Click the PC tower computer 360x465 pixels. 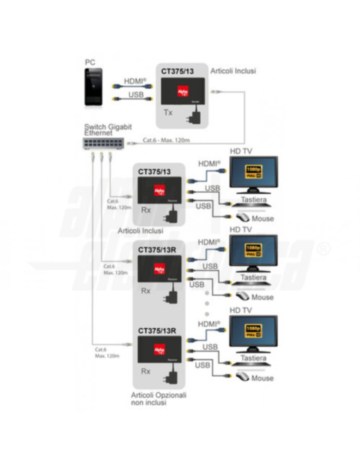[x=94, y=87]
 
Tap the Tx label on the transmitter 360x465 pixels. [x=168, y=112]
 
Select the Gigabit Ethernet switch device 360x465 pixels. [x=103, y=143]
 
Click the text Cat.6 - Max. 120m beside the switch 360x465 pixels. [x=166, y=140]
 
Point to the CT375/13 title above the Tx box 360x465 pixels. [x=177, y=71]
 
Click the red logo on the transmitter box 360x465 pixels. [x=182, y=92]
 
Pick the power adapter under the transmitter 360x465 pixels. [x=193, y=117]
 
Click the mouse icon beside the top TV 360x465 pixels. [x=243, y=217]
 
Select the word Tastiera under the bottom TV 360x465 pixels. [x=254, y=358]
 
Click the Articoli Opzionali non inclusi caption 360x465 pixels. [x=158, y=399]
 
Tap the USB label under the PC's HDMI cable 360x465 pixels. [x=136, y=95]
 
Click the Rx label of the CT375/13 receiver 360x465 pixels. [x=146, y=210]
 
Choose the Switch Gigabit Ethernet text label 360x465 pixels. [x=108, y=129]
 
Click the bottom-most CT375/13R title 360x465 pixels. [x=157, y=331]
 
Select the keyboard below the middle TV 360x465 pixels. [x=251, y=284]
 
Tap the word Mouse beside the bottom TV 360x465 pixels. [x=262, y=378]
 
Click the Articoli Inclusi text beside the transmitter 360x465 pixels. [x=233, y=71]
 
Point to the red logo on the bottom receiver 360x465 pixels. [x=159, y=350]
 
